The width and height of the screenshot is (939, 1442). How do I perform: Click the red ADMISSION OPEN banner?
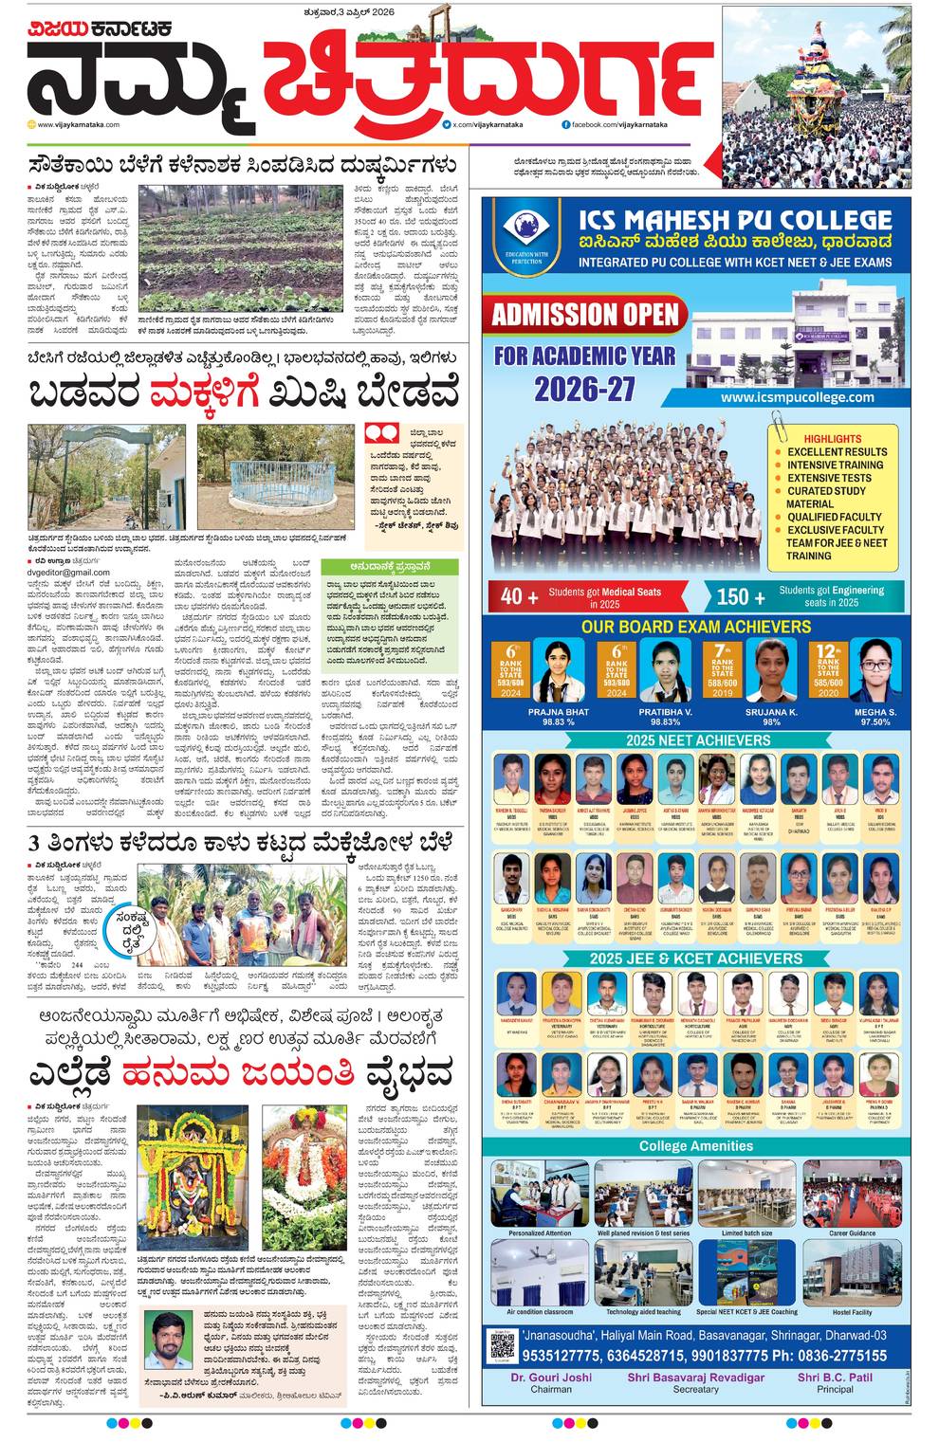(x=585, y=314)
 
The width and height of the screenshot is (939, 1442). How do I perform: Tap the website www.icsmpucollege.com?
(x=797, y=397)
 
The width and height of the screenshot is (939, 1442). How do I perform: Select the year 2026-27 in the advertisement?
(x=583, y=389)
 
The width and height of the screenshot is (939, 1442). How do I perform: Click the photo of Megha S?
(x=874, y=669)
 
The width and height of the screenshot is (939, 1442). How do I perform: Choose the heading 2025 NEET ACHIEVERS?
(x=697, y=739)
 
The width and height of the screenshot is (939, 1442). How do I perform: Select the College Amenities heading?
(x=695, y=1145)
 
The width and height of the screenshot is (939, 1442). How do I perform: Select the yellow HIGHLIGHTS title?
(x=832, y=439)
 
